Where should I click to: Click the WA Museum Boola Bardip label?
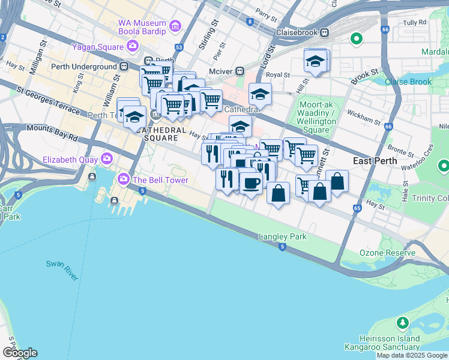142,26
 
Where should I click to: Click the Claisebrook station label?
297,32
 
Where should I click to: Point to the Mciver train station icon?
240,70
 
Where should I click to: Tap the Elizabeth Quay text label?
70,160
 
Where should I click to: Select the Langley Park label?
282,236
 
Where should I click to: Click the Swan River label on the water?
62,270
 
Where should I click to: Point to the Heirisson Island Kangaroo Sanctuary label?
382,343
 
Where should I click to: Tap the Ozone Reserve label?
387,253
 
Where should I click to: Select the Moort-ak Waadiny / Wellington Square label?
315,117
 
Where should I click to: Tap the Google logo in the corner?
20,353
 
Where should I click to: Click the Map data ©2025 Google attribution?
412,355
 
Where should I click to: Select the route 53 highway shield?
179,47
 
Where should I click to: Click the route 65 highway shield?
358,208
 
